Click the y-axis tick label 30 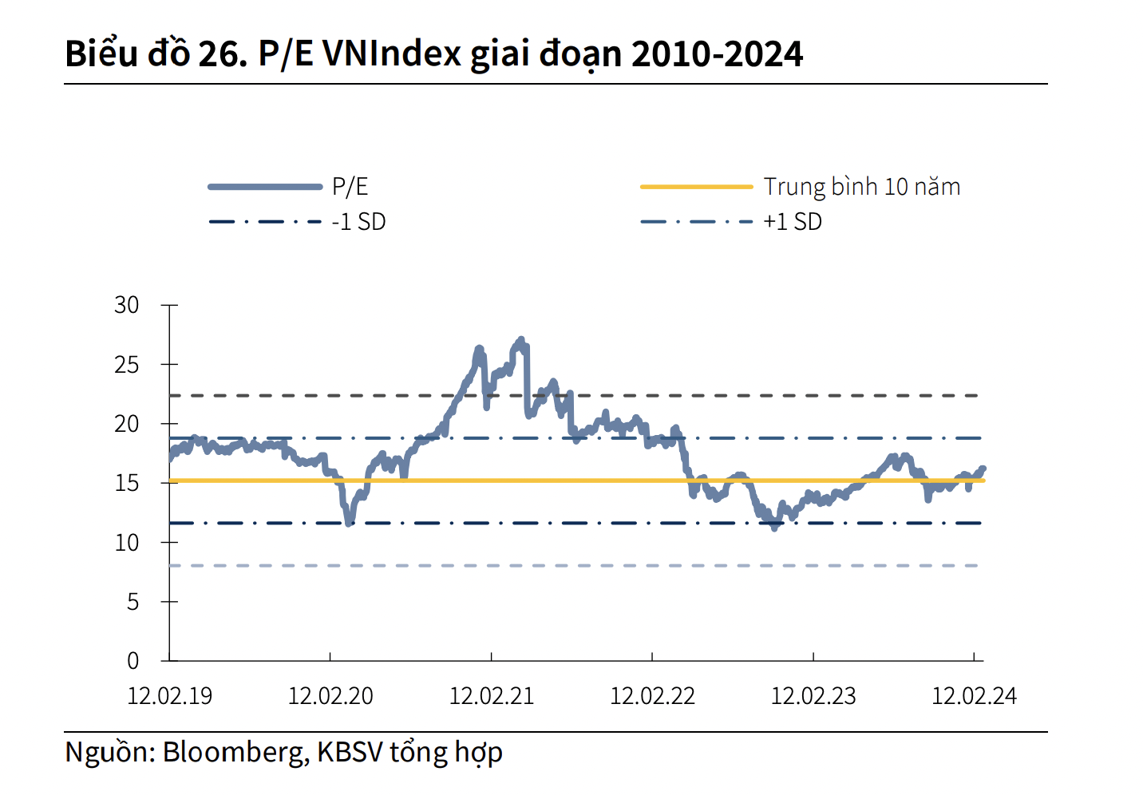click(127, 305)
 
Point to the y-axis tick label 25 click(127, 365)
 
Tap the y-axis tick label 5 click(132, 602)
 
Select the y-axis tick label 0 click(132, 661)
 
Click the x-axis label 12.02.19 click(170, 696)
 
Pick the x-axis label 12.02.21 click(492, 696)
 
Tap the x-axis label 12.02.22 click(652, 696)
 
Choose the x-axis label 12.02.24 click(974, 696)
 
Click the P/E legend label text click(350, 187)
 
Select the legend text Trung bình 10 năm click(862, 187)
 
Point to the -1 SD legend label click(358, 222)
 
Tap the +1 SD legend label click(792, 222)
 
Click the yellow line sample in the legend click(696, 187)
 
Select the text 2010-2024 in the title click(717, 54)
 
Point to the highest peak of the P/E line click(521, 340)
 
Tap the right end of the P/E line click(983, 469)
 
